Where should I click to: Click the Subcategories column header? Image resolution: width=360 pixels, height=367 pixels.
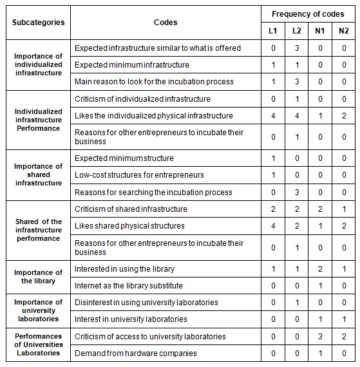pyautogui.click(x=39, y=22)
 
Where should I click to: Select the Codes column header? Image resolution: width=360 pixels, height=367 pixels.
pyautogui.click(x=166, y=22)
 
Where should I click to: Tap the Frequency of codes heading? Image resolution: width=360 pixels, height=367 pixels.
pyautogui.click(x=307, y=14)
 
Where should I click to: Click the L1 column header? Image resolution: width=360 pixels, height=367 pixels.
pyautogui.click(x=273, y=31)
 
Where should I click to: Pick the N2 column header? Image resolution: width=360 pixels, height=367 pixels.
pyautogui.click(x=344, y=31)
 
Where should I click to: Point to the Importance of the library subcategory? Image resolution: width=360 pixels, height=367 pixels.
pyautogui.click(x=39, y=277)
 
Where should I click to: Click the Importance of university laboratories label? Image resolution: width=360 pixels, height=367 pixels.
pyautogui.click(x=39, y=310)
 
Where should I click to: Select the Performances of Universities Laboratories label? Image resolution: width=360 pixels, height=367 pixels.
pyautogui.click(x=39, y=344)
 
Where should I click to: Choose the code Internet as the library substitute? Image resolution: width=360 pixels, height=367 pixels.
pyautogui.click(x=129, y=285)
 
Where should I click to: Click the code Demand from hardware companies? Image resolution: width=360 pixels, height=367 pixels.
pyautogui.click(x=135, y=353)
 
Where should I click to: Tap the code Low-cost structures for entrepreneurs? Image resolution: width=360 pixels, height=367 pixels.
pyautogui.click(x=139, y=175)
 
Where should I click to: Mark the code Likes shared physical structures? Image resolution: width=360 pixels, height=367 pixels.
pyautogui.click(x=129, y=226)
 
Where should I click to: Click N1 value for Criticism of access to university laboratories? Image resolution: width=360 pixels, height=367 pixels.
pyautogui.click(x=321, y=336)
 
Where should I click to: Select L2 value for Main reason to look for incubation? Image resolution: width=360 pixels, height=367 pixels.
pyautogui.click(x=297, y=82)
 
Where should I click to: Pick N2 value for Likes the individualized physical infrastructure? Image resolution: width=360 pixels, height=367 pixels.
pyautogui.click(x=344, y=116)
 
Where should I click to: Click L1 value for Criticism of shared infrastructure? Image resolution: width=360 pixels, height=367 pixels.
pyautogui.click(x=273, y=209)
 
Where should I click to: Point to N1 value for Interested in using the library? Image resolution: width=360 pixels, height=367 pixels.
pyautogui.click(x=321, y=268)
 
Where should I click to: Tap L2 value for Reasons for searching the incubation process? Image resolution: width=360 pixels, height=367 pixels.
pyautogui.click(x=297, y=192)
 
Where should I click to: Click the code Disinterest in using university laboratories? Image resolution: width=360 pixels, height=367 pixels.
pyautogui.click(x=146, y=302)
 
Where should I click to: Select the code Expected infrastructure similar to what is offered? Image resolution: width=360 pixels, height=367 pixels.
pyautogui.click(x=158, y=48)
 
